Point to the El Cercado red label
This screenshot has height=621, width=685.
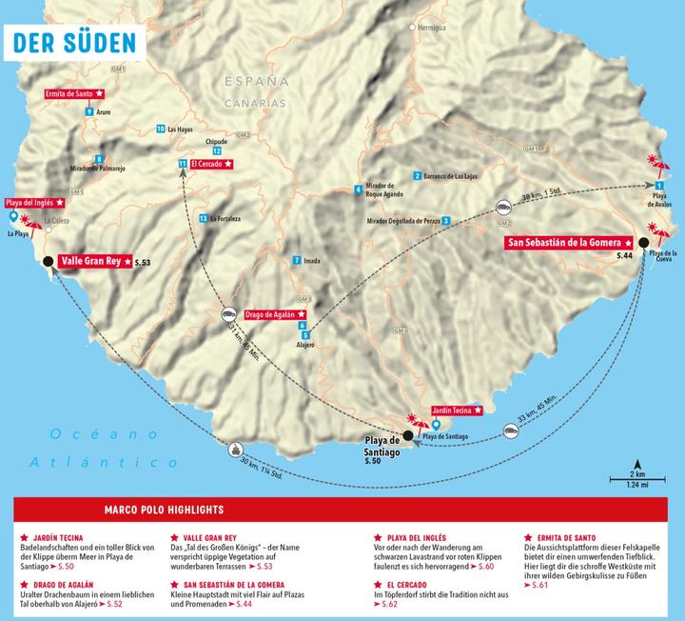click(x=211, y=165)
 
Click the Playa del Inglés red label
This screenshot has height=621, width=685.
click(x=34, y=203)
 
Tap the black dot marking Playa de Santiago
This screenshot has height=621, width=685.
click(x=408, y=435)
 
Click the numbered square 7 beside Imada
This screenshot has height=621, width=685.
click(x=297, y=260)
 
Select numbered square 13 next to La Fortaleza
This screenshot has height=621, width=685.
click(x=204, y=218)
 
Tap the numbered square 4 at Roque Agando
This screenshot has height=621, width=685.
click(x=358, y=189)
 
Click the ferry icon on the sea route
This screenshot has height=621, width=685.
click(x=236, y=445)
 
